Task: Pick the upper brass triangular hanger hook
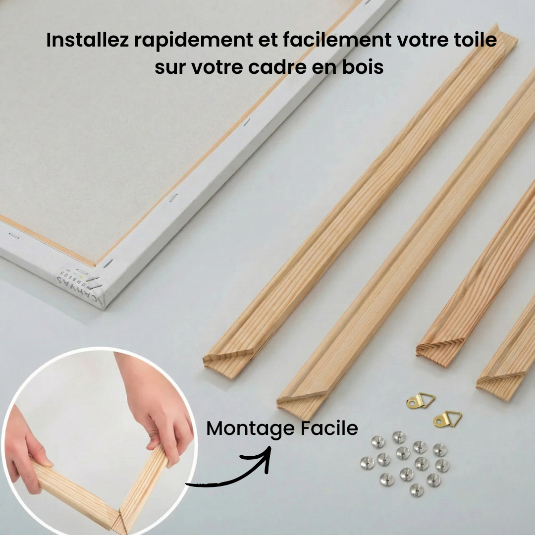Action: [420, 400]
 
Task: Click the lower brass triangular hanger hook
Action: [447, 419]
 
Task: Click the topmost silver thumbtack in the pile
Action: [399, 437]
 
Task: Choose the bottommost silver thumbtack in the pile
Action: [417, 489]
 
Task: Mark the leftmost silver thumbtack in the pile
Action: [367, 463]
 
